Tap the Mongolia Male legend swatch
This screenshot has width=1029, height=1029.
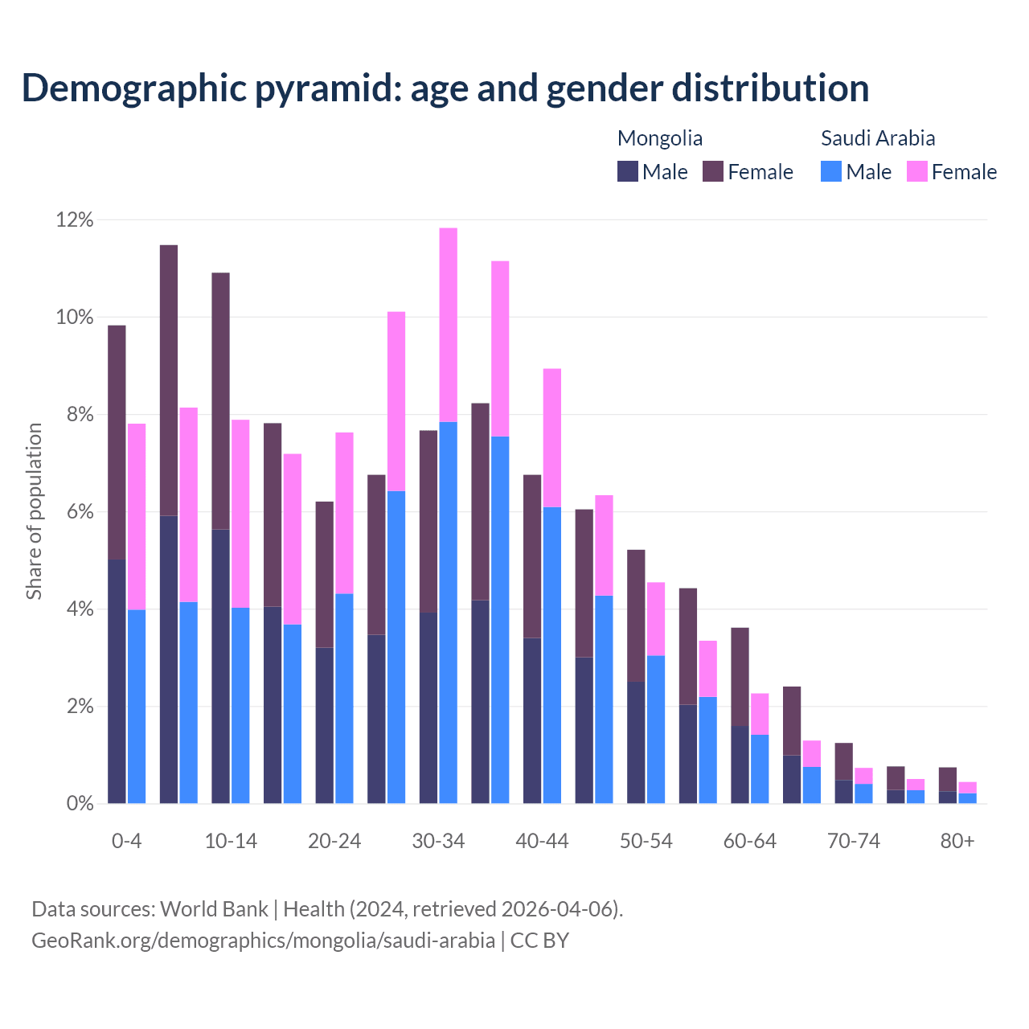628,171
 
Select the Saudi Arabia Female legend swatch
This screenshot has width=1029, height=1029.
916,171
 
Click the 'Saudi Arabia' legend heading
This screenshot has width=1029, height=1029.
878,138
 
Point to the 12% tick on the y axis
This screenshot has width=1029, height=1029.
75,219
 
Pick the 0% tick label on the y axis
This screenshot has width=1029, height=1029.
79,803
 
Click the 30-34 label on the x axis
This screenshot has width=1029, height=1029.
438,841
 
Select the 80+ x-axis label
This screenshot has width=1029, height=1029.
957,841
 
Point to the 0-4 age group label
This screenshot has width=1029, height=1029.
126,841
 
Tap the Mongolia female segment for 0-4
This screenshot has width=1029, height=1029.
117,442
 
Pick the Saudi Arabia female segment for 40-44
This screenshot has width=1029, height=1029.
552,438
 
